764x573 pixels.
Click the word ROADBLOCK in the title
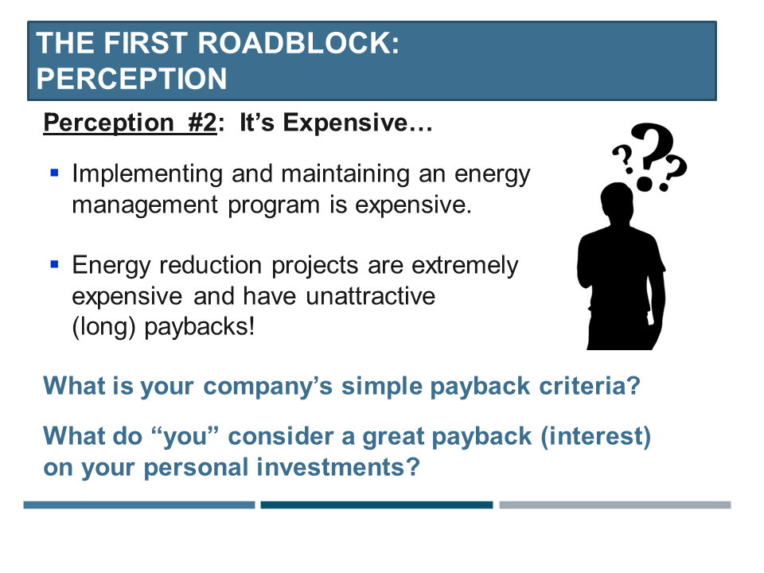click(x=298, y=43)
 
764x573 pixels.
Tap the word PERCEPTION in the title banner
click(x=131, y=79)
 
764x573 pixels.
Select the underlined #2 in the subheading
click(x=202, y=122)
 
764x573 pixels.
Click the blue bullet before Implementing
click(x=55, y=173)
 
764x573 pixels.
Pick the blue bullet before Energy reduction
click(x=55, y=264)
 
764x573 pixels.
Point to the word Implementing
click(x=148, y=174)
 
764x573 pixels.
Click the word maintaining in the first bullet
click(x=345, y=174)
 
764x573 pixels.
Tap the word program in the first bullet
click(x=273, y=205)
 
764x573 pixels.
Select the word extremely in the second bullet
click(x=465, y=266)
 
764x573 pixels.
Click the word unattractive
click(x=370, y=296)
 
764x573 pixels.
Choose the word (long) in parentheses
click(x=103, y=327)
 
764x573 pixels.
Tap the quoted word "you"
click(x=185, y=437)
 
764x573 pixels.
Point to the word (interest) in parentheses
click(x=595, y=437)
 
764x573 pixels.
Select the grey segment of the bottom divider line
click(x=615, y=505)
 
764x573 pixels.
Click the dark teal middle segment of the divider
click(x=376, y=505)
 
